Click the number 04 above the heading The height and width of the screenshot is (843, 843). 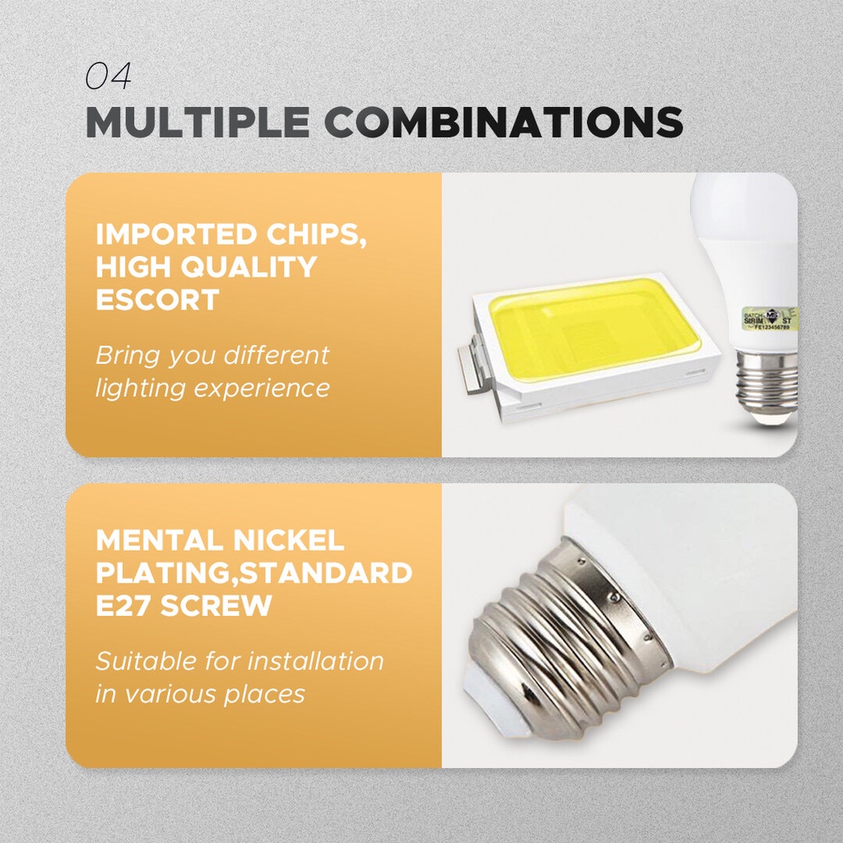(x=108, y=77)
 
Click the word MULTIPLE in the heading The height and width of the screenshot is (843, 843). (x=198, y=122)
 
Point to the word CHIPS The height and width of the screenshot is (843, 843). (x=316, y=235)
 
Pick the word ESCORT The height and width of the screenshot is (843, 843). (x=157, y=300)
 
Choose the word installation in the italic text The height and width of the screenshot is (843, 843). (x=315, y=661)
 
